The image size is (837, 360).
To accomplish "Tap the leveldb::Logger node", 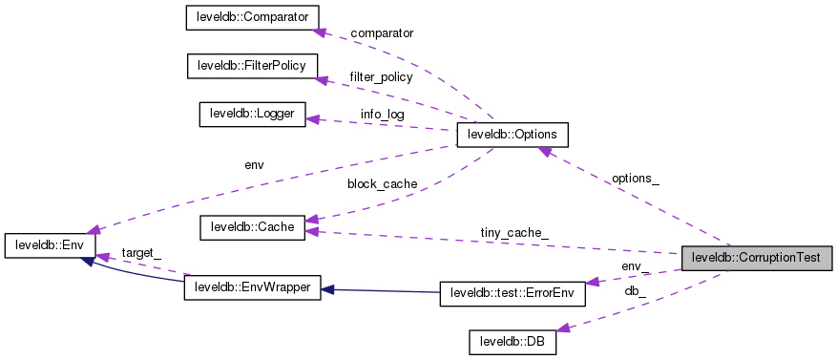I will pyautogui.click(x=252, y=115).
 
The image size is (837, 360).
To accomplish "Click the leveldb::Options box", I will pyautogui.click(x=513, y=136).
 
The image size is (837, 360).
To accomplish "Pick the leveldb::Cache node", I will pyautogui.click(x=252, y=227).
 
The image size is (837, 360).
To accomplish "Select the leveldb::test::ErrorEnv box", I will pyautogui.click(x=512, y=293).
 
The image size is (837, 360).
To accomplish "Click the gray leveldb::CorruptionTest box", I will pyautogui.click(x=758, y=257).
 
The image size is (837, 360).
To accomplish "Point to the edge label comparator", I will pyautogui.click(x=382, y=33).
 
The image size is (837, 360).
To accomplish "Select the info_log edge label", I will pyautogui.click(x=382, y=115).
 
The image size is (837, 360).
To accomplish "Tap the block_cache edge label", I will pyautogui.click(x=382, y=183).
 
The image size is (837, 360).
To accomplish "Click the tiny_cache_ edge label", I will pyautogui.click(x=513, y=233).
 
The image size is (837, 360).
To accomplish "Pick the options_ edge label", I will pyautogui.click(x=636, y=179).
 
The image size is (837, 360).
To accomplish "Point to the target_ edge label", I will pyautogui.click(x=141, y=252).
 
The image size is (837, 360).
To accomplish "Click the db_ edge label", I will pyautogui.click(x=636, y=290).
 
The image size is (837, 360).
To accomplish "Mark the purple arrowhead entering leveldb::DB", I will pyautogui.click(x=562, y=328).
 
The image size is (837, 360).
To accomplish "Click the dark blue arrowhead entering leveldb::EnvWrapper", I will pyautogui.click(x=327, y=287).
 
